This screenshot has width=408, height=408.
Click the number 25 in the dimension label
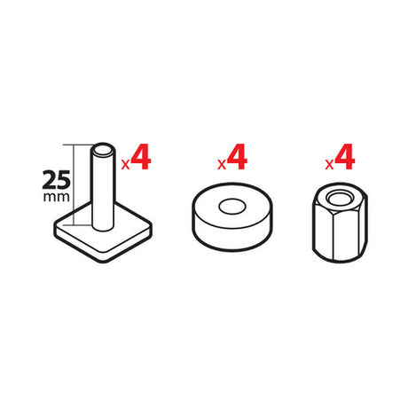point(57,180)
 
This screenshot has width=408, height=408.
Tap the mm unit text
point(57,197)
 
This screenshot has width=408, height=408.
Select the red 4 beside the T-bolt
point(141,157)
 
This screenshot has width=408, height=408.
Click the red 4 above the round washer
point(237,157)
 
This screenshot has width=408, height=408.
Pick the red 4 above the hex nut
point(344,157)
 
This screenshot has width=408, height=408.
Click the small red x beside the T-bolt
point(125,164)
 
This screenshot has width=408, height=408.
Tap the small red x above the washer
point(222,164)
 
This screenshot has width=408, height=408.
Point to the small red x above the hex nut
point(329,164)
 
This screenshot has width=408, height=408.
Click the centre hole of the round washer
point(232,206)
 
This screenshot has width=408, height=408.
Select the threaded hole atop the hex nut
point(340,198)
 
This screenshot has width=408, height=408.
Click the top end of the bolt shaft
point(103,149)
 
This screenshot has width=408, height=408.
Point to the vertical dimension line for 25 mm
point(73,184)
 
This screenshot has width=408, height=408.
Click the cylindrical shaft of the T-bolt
point(103,189)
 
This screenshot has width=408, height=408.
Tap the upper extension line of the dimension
point(78,145)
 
